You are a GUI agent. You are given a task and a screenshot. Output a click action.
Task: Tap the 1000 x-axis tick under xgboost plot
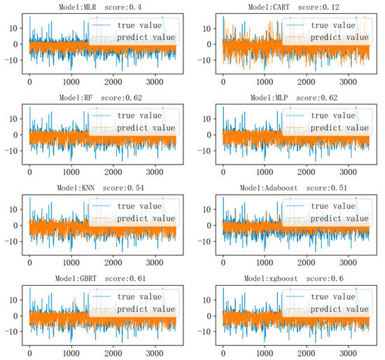click(x=266, y=352)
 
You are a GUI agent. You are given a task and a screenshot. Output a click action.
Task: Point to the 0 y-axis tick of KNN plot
click(x=16, y=224)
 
